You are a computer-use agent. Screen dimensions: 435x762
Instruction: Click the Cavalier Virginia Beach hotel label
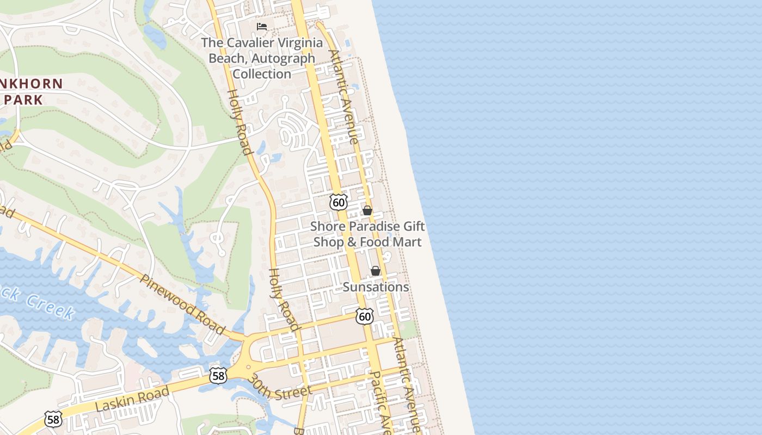click(262, 58)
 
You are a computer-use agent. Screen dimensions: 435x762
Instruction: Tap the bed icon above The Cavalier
click(262, 26)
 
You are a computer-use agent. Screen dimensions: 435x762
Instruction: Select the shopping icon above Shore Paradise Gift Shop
click(367, 210)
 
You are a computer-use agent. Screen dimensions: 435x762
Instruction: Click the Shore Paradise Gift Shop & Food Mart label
click(367, 234)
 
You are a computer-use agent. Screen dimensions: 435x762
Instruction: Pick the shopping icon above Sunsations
click(376, 271)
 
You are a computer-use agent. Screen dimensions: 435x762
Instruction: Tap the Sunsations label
click(376, 287)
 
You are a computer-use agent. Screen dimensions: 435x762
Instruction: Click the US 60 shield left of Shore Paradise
click(339, 202)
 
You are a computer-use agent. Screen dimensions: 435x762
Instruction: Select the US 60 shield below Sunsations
click(365, 316)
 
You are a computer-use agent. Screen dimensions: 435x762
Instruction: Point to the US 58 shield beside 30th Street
click(218, 376)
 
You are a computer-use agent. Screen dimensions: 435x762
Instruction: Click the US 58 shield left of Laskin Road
click(53, 419)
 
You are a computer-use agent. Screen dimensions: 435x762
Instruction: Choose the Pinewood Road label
click(183, 304)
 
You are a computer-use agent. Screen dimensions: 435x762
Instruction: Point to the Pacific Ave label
click(380, 402)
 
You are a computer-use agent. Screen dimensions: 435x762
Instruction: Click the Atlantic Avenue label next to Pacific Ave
click(407, 383)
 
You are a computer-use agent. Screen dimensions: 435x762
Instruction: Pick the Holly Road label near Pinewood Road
click(284, 299)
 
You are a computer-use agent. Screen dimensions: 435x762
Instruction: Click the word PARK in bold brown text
click(23, 100)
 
